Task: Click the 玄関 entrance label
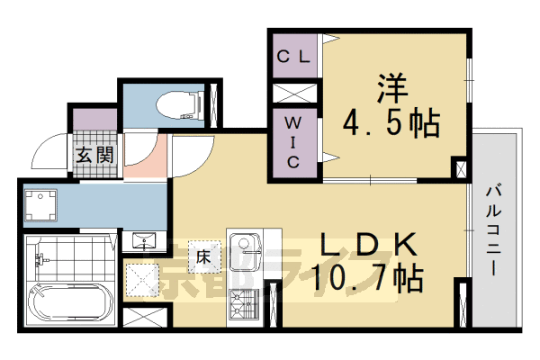pyautogui.click(x=94, y=155)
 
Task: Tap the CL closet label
pyautogui.click(x=293, y=57)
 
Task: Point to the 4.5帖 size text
pyautogui.click(x=390, y=122)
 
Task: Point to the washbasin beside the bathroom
pyautogui.click(x=144, y=240)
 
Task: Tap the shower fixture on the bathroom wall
pyautogui.click(x=40, y=260)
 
